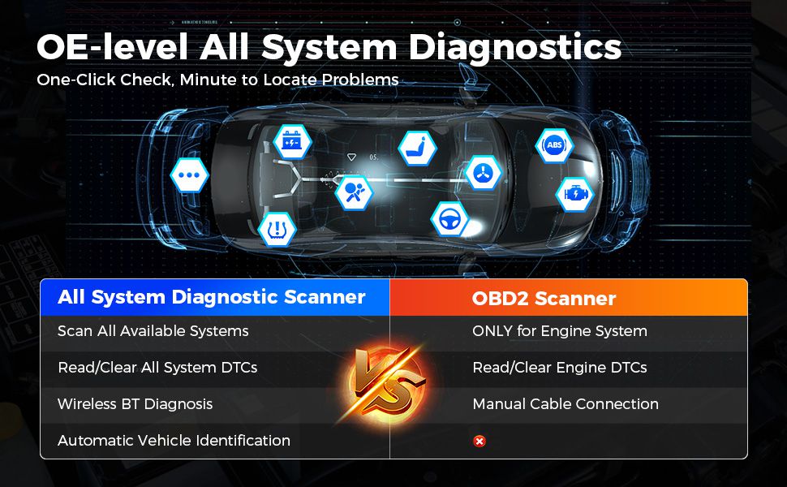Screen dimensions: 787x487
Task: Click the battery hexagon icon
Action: click(x=292, y=142)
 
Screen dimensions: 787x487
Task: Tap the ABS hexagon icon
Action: click(x=554, y=145)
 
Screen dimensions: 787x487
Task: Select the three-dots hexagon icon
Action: click(x=189, y=175)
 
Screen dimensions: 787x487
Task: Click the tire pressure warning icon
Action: click(x=277, y=230)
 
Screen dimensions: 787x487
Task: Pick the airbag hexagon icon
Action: click(x=354, y=193)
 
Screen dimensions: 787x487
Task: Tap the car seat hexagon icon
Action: click(x=417, y=148)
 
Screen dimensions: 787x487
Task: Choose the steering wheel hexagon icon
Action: click(x=449, y=219)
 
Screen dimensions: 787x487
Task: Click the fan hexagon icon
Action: click(x=484, y=173)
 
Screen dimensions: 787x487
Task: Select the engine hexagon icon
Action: click(x=574, y=194)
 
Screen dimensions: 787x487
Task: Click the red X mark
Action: click(x=480, y=441)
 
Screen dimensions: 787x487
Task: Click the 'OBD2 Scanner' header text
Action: click(x=544, y=299)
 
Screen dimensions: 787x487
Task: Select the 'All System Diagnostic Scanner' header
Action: click(x=211, y=297)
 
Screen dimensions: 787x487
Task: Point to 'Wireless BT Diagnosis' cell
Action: click(x=135, y=404)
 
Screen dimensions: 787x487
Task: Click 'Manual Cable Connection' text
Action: click(x=566, y=404)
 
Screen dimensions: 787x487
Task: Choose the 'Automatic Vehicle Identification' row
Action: click(x=174, y=441)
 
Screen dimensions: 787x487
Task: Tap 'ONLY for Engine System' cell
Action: click(x=560, y=331)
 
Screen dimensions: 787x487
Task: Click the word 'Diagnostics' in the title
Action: click(x=514, y=49)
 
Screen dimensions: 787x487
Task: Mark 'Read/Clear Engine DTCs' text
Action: click(x=560, y=368)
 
